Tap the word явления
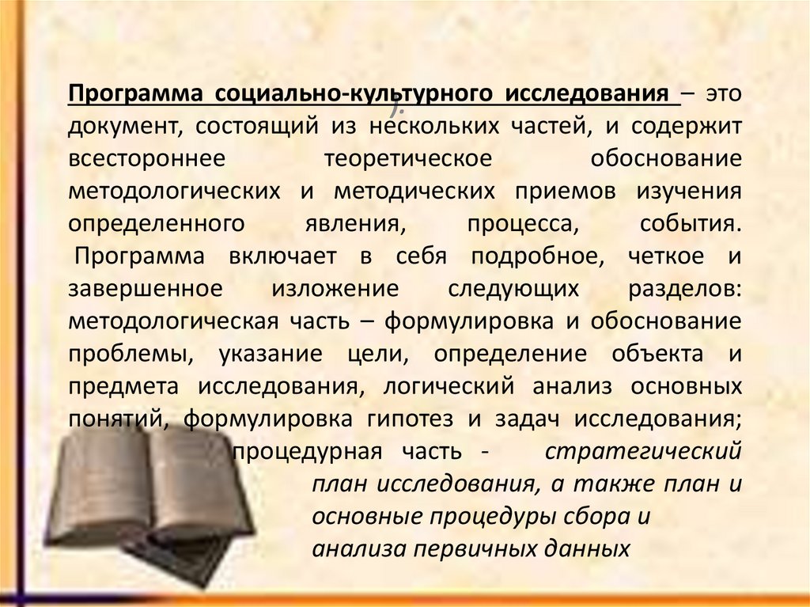coord(354,223)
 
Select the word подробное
coord(541,256)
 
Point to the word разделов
coord(684,289)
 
